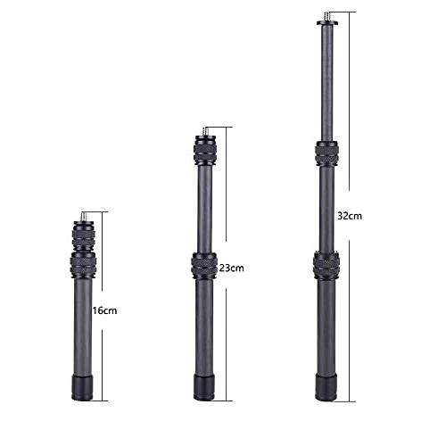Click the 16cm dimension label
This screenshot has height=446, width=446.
click(104, 311)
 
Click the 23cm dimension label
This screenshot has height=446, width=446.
click(232, 268)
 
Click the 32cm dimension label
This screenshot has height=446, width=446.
click(350, 216)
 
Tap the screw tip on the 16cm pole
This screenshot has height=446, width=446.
click(84, 216)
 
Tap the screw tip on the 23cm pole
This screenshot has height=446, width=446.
click(204, 131)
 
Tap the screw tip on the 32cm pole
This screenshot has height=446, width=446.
click(326, 16)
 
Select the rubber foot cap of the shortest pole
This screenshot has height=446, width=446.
click(82, 387)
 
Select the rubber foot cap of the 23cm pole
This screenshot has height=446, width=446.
click(204, 387)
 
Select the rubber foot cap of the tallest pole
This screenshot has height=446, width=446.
click(326, 387)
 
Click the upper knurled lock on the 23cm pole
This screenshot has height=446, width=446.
click(205, 151)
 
